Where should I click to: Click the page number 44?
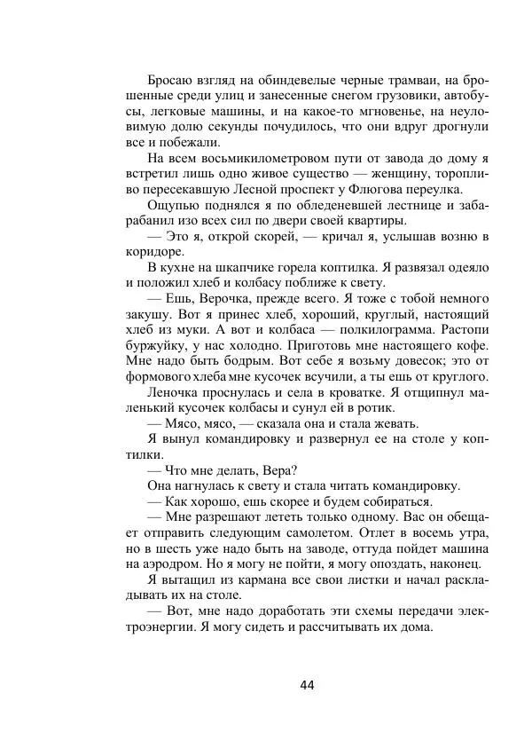[x=308, y=685]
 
